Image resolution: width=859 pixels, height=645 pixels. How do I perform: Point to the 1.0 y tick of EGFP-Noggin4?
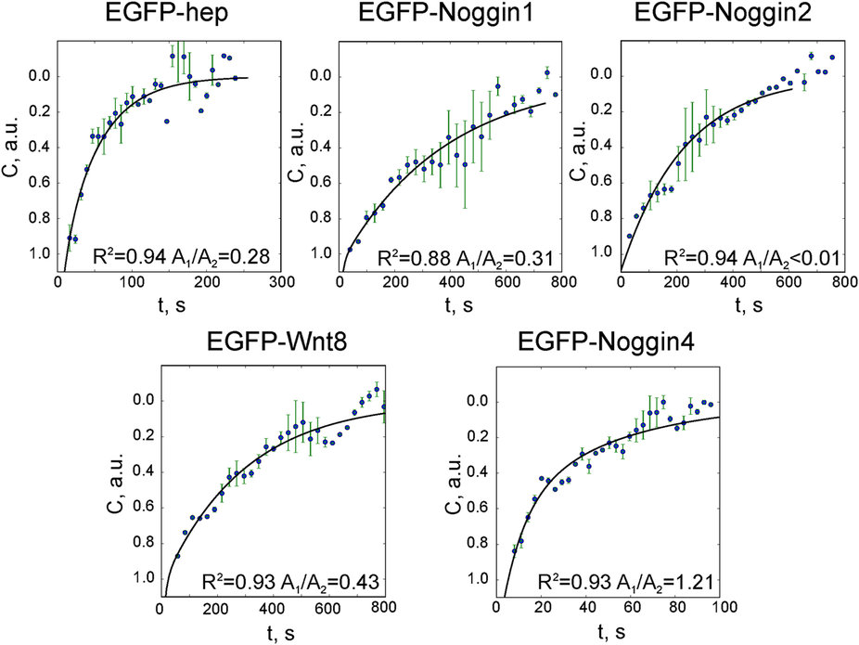(x=479, y=578)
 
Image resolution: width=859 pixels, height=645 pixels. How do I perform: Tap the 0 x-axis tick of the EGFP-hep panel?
(x=58, y=283)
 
